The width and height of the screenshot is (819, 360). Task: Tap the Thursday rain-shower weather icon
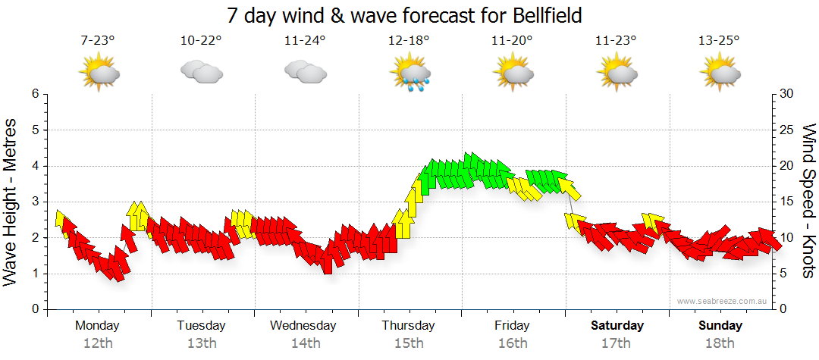(409, 74)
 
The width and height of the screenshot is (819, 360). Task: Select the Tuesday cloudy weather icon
(201, 72)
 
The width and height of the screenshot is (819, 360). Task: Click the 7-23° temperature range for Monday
(98, 41)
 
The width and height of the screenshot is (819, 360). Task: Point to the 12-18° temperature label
(409, 41)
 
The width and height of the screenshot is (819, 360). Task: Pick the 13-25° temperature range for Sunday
(719, 41)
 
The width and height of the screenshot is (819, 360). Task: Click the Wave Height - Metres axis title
(12, 202)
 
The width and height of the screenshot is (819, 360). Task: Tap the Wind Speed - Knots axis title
(808, 202)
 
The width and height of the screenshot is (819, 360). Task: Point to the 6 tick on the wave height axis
(34, 94)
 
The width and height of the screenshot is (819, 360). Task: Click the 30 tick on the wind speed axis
(787, 94)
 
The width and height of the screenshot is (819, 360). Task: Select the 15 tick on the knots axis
(787, 202)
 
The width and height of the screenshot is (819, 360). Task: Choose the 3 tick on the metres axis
(34, 202)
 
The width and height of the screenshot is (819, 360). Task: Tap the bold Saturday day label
(617, 326)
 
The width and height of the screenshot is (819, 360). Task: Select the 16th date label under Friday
(513, 343)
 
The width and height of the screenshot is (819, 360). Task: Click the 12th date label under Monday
(98, 343)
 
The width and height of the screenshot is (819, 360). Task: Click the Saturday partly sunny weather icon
(617, 73)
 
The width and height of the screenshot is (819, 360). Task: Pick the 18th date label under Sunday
(720, 343)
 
